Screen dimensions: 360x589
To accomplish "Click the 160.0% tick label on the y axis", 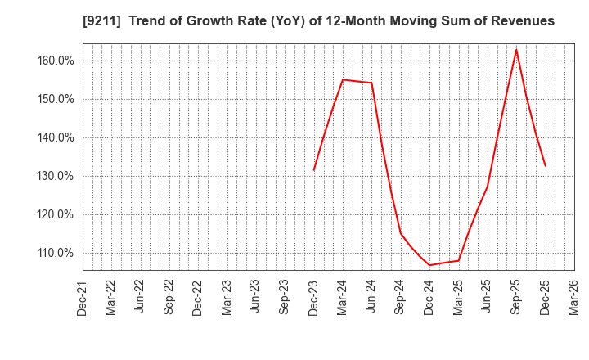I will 56,61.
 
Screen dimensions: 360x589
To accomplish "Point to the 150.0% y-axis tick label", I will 56,99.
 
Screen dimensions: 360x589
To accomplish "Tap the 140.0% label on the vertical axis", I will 56,137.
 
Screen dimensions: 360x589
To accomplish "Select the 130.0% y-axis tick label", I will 56,176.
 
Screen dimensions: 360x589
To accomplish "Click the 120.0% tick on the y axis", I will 56,214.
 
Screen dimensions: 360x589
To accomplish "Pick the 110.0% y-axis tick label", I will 56,253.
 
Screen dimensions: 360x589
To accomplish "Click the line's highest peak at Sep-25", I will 516,50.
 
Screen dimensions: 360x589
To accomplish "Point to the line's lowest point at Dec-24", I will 429,265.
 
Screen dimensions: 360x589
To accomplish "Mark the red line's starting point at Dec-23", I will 314,170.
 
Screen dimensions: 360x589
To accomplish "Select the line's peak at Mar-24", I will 343,79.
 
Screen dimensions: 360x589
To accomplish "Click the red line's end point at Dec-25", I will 545,166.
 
